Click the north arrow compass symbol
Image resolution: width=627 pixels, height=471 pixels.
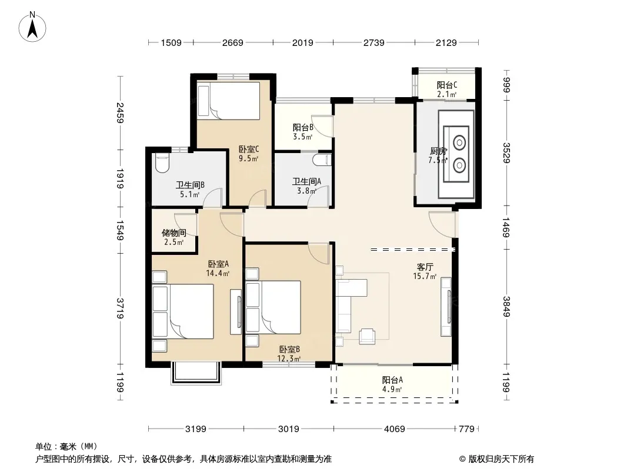pyautogui.click(x=32, y=27)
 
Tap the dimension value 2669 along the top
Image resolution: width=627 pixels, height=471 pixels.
pyautogui.click(x=233, y=42)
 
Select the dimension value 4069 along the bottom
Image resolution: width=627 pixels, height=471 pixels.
pyautogui.click(x=394, y=429)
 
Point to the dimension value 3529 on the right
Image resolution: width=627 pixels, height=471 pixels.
pyautogui.click(x=506, y=153)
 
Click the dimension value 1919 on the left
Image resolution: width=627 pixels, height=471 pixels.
pyautogui.click(x=120, y=178)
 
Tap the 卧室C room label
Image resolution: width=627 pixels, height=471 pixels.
pyautogui.click(x=249, y=150)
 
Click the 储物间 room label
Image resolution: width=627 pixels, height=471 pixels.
pyautogui.click(x=174, y=233)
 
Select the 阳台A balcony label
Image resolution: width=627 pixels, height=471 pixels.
pyautogui.click(x=392, y=380)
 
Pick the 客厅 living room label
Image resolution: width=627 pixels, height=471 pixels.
pyautogui.click(x=425, y=267)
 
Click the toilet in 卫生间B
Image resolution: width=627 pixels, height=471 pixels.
pyautogui.click(x=162, y=163)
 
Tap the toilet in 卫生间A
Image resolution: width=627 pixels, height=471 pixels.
pyautogui.click(x=323, y=160)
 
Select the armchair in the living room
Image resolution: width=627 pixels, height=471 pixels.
pyautogui.click(x=367, y=337)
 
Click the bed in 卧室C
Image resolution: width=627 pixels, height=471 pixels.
pyautogui.click(x=229, y=101)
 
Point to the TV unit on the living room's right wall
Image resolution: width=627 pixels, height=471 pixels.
pyautogui.click(x=446, y=307)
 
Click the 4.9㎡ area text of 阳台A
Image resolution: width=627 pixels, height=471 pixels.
pyautogui.click(x=392, y=389)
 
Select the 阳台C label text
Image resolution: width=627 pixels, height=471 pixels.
pyautogui.click(x=447, y=85)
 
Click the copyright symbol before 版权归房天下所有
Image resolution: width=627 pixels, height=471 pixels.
pyautogui.click(x=463, y=459)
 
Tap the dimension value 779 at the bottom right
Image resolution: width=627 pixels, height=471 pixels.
pyautogui.click(x=466, y=429)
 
